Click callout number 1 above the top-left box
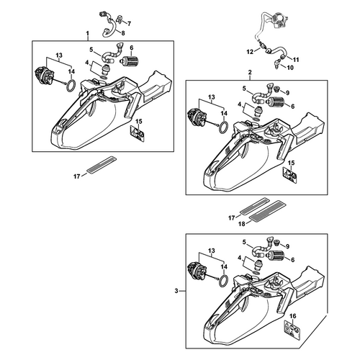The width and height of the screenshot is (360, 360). [88, 32]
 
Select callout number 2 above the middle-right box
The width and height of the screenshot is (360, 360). [250, 72]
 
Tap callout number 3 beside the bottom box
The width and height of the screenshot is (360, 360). [176, 291]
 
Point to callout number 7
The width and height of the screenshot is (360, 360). [129, 24]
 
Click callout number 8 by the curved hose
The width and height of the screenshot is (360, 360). [123, 33]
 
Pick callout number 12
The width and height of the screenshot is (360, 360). [250, 52]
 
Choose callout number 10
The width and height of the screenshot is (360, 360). [290, 68]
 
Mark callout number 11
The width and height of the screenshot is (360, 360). [296, 60]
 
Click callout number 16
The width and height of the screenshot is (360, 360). [293, 316]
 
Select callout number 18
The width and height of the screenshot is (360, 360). [242, 224]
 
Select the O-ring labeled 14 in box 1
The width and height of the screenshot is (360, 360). [71, 86]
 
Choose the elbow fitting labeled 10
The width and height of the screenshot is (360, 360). [276, 64]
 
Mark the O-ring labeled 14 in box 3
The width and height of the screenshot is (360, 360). [223, 280]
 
